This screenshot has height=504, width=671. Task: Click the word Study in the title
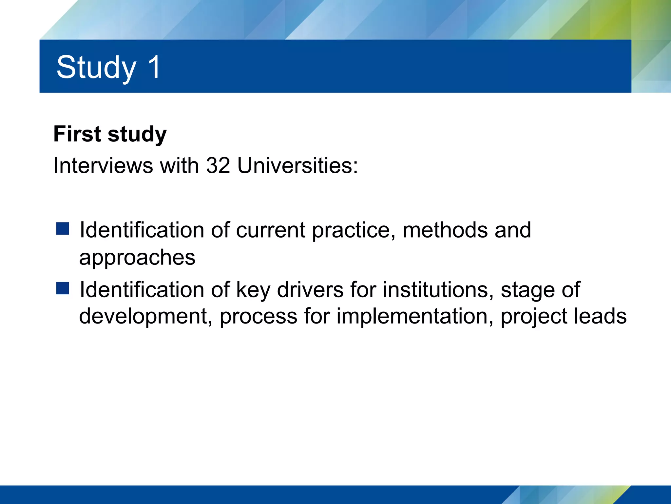click(96, 68)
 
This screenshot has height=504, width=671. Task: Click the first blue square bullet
click(63, 229)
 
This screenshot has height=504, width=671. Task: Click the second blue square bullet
click(63, 288)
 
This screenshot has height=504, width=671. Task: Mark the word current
click(271, 230)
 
